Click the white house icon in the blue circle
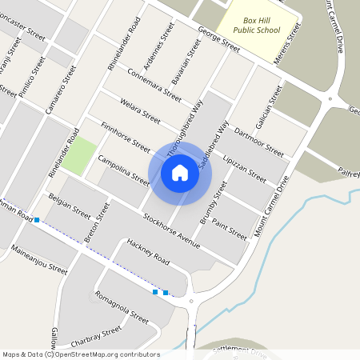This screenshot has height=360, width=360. pos(180,173)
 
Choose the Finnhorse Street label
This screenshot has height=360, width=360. pos(126,138)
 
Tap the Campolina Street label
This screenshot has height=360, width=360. pos(123,169)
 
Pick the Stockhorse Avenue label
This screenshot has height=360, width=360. pos(170,228)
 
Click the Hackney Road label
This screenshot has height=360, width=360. pos(147,252)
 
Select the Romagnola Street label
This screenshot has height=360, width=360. pos(122,306)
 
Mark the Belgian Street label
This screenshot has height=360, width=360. pos(70,205)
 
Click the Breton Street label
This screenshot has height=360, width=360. pos(96,223)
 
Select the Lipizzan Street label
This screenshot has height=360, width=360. pos(245,166)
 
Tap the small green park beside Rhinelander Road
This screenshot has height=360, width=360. pos(78,158)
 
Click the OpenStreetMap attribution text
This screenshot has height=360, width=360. pos(81,354)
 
